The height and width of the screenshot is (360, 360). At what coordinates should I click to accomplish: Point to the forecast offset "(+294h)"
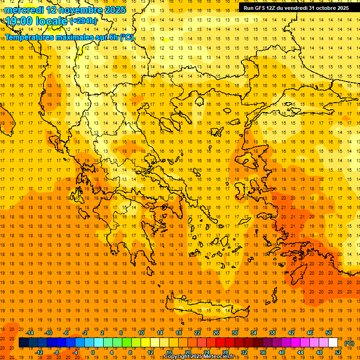coord(83,21)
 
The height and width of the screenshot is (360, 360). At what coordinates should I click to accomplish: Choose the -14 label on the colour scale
coord(30,333)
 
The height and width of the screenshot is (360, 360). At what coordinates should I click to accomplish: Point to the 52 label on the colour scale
coord(338,352)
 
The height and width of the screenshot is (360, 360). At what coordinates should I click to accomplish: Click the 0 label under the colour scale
coord(92,352)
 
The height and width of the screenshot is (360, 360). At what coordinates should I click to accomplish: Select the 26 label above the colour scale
coord(216,333)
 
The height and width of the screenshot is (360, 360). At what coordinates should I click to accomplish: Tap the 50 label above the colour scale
coord(329,333)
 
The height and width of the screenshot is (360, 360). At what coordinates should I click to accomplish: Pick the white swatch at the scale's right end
coord(333,343)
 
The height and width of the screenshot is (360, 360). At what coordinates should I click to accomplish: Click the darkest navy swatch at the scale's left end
coord(23,343)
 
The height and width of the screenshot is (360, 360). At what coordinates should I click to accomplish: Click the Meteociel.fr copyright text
coord(199,357)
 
